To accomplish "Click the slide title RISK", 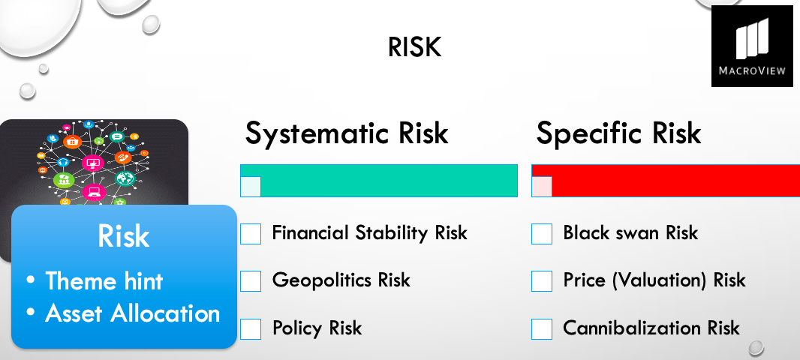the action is click(x=414, y=47).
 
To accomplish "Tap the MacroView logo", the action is click(x=752, y=46).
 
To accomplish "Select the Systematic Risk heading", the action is click(x=347, y=133).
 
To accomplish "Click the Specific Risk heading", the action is click(x=618, y=133).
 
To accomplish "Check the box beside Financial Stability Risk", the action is click(x=251, y=233).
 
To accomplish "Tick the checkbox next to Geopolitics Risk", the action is click(x=251, y=281).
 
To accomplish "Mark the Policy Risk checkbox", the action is click(x=251, y=329).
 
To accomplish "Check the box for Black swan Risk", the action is click(x=542, y=233).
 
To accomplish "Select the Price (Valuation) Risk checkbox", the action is click(x=542, y=281).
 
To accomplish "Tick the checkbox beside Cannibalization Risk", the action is click(x=542, y=329).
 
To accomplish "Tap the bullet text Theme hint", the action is click(x=104, y=281).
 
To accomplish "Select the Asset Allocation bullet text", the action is click(x=133, y=313).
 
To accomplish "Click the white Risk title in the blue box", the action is click(x=124, y=235).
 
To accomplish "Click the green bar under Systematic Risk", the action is click(x=378, y=181).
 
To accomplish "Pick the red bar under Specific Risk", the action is click(x=666, y=181).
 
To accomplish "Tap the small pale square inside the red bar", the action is click(x=542, y=187).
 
